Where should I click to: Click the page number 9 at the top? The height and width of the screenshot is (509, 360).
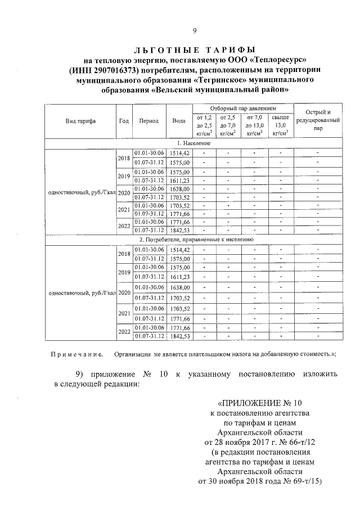coord(195,31)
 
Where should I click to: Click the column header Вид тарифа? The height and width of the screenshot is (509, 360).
coord(80,121)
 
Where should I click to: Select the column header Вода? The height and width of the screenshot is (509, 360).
coord(179,121)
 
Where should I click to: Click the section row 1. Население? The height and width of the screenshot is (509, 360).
coord(195,143)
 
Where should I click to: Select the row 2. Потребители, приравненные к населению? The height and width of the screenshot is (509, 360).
coord(195,239)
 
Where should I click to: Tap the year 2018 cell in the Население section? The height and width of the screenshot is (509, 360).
coord(124,157)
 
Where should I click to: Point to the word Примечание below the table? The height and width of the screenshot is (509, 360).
coord(76,354)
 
